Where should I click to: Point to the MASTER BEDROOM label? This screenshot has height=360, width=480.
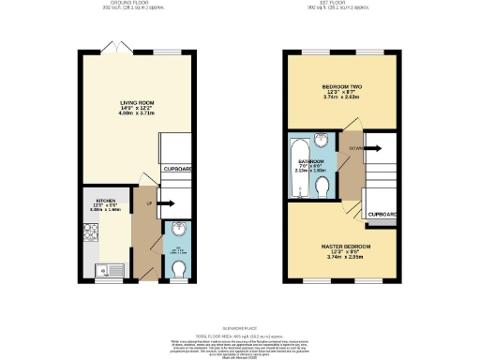point(335,246)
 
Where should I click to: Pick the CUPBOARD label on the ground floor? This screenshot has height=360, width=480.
point(179,169)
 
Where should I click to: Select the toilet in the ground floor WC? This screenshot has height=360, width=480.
point(180,269)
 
